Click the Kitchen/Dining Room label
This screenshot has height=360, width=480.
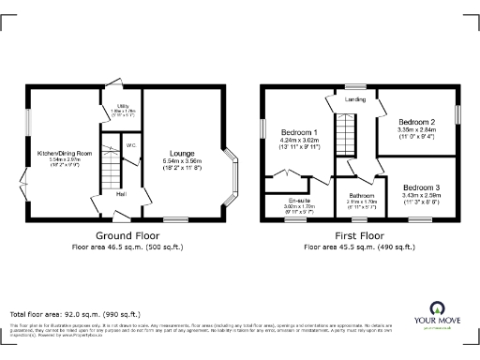(64, 152)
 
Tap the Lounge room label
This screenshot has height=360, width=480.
(182, 152)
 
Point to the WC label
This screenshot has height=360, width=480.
(131, 145)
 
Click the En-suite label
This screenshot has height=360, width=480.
(299, 200)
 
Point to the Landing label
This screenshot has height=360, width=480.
(356, 98)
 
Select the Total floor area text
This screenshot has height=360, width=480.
(74, 313)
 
